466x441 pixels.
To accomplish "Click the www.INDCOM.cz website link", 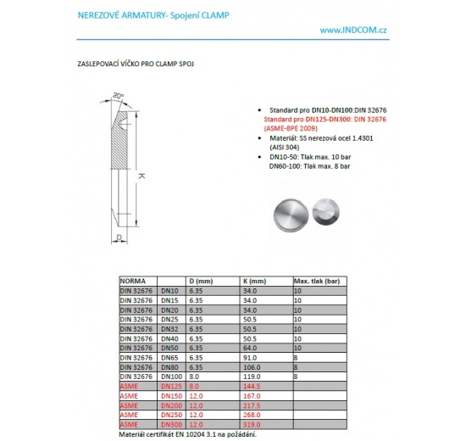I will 353,30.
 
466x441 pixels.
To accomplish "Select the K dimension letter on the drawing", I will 141,176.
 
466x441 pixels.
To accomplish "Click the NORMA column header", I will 133,280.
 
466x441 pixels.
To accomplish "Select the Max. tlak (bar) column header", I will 316,280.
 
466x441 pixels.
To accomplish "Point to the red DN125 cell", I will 170,385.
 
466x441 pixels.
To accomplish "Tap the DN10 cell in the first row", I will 169,289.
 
